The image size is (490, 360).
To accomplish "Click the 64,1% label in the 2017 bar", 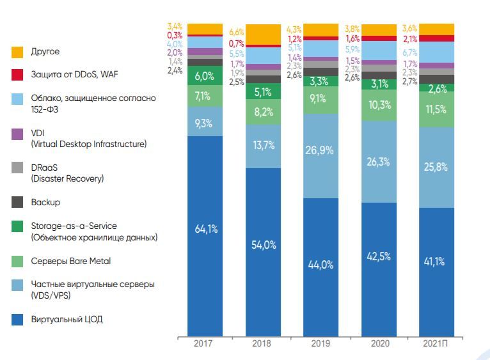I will coord(205,230).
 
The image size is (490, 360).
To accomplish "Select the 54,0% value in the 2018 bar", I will coord(263,246).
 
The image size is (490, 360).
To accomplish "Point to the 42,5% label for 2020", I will coord(379,258).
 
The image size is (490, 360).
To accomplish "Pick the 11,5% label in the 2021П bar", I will coord(437,109).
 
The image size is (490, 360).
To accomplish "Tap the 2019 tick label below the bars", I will coord(320,343).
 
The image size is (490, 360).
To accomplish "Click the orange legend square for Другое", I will coord(18,51).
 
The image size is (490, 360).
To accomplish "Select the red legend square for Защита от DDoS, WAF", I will coord(18,75).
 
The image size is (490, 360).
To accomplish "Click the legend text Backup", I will coord(45,202).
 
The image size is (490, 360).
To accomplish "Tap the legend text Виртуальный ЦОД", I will coord(67,319).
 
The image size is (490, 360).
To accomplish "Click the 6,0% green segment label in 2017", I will coord(205,76).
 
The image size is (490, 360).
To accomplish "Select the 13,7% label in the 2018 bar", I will coord(263,146).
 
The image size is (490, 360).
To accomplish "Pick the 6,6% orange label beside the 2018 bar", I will coord(237,32).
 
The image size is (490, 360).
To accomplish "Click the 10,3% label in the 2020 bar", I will coord(379,104).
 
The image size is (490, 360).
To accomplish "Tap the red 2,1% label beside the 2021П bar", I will coord(410,39).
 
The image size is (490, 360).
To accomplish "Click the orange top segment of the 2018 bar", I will coord(263,34).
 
